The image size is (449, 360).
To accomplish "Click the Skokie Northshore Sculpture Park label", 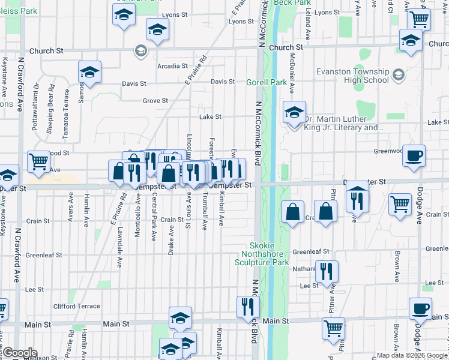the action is click(x=270, y=254).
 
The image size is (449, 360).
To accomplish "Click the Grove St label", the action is click(x=155, y=101).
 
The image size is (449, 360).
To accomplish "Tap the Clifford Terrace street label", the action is click(x=76, y=306).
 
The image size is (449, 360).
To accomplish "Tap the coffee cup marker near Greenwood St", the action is click(x=414, y=155).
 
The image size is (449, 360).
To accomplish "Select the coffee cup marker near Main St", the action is click(x=420, y=308).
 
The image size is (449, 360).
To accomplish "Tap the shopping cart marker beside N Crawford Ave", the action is click(x=38, y=161).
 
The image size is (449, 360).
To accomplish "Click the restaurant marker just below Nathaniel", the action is click(x=327, y=271).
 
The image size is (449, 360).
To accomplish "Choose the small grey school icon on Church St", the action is click(x=141, y=50).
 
